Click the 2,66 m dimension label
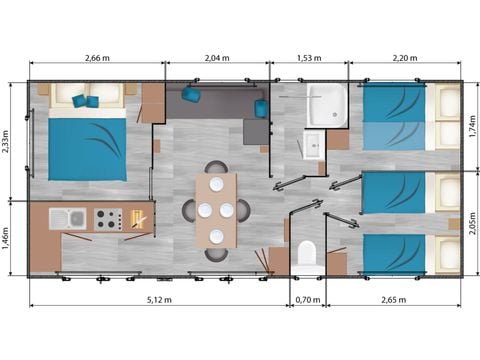point(97,58)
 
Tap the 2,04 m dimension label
point(217,58)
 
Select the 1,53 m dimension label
point(309,58)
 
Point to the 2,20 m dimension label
point(405,58)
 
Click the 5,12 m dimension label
point(159,300)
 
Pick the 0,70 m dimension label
point(308,300)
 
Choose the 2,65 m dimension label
point(394,300)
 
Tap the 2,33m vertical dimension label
point(6,142)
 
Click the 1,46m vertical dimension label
point(6,239)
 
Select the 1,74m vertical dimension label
point(472,126)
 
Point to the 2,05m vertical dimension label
point(472,223)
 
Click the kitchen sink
point(68,219)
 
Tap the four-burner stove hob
point(108,219)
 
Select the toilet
point(307,253)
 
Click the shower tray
point(327,105)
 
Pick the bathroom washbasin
point(314,145)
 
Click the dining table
point(216,210)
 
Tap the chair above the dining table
point(217,167)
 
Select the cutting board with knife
point(139,219)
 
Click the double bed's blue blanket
point(87,149)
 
